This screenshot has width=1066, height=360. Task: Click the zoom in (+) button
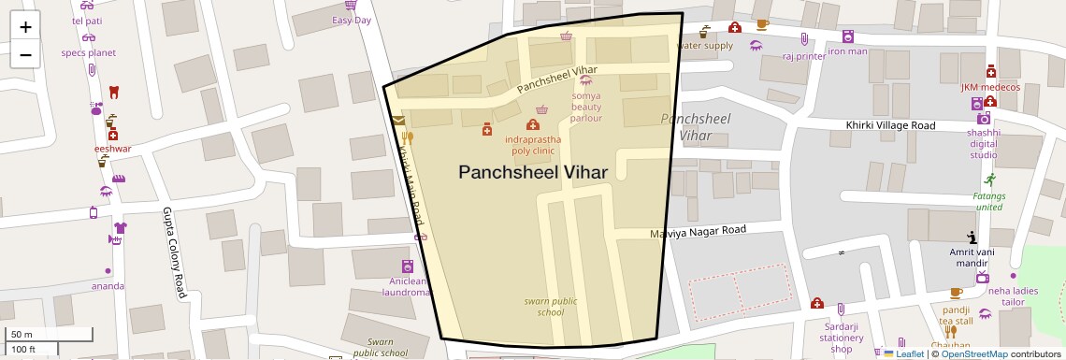25,27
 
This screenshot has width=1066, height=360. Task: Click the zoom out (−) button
25,54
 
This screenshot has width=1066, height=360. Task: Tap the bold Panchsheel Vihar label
532,172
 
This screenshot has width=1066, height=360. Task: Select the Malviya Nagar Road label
699,231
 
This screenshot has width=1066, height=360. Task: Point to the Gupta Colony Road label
174,252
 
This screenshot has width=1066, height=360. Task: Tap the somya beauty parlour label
586,107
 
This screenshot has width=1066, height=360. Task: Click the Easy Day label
352,20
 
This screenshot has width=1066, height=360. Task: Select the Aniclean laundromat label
408,286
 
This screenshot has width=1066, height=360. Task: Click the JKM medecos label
990,87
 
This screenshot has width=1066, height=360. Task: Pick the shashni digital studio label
983,144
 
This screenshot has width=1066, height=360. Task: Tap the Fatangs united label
988,201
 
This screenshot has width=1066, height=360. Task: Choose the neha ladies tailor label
1013,295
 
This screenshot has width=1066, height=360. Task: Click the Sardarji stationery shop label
842,338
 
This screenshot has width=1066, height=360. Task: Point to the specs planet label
89,52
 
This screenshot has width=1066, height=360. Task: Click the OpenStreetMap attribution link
973,353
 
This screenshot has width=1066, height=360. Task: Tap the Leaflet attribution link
909,353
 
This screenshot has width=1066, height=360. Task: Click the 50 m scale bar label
22,335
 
